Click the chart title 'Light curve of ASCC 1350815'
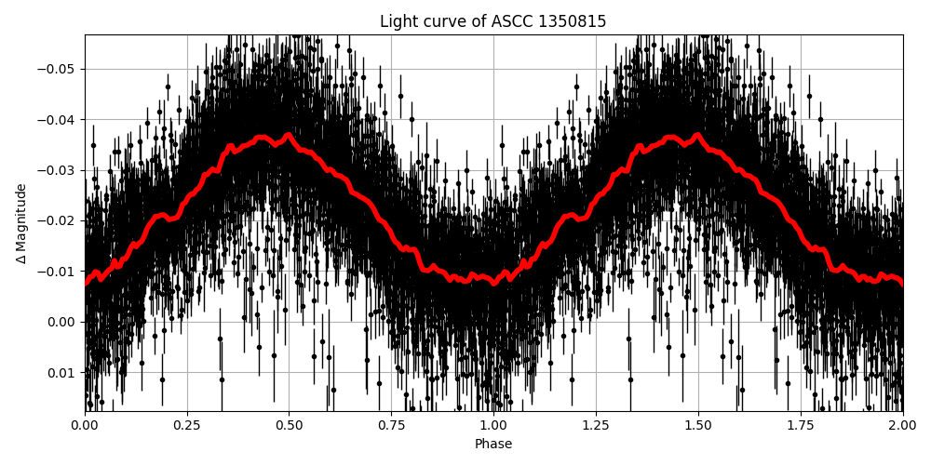pyautogui.click(x=493, y=21)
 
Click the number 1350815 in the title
pyautogui.click(x=573, y=21)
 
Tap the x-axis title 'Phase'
pyautogui.click(x=493, y=445)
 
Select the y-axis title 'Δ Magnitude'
pyautogui.click(x=21, y=223)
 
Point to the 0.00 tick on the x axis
pyautogui.click(x=85, y=426)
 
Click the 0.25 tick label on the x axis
pyautogui.click(x=187, y=426)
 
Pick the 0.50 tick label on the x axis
pyautogui.click(x=290, y=426)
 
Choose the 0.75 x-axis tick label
pyautogui.click(x=391, y=426)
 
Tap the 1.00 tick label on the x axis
pyautogui.click(x=493, y=426)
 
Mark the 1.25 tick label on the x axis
pyautogui.click(x=596, y=426)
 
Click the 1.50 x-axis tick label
pyautogui.click(x=698, y=426)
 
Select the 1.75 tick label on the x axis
pyautogui.click(x=801, y=426)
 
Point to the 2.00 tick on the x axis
pyautogui.click(x=902, y=426)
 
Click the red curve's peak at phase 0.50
pyautogui.click(x=289, y=135)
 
